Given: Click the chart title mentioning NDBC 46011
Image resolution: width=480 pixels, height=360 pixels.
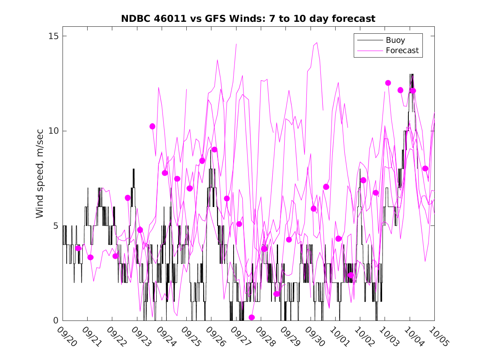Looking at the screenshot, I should [x=248, y=19].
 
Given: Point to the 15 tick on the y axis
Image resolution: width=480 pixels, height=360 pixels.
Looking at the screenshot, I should [x=53, y=36].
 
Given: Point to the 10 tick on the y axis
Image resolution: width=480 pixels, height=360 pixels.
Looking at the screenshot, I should [x=53, y=131].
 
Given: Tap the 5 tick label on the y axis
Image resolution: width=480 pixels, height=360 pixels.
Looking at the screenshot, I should [x=56, y=226].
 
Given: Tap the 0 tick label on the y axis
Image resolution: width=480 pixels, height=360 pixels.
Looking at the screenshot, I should [x=56, y=321].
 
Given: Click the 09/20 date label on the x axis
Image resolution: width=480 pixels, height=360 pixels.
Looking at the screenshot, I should [x=67, y=337].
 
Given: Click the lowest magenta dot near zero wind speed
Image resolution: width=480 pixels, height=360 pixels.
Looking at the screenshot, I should [x=252, y=317].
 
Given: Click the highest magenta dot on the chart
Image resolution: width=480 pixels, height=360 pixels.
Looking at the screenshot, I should [x=388, y=83].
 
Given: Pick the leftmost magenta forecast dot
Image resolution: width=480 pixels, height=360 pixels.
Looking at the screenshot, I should [x=78, y=248].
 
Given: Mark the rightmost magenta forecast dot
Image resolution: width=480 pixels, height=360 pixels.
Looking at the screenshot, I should [x=425, y=168].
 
